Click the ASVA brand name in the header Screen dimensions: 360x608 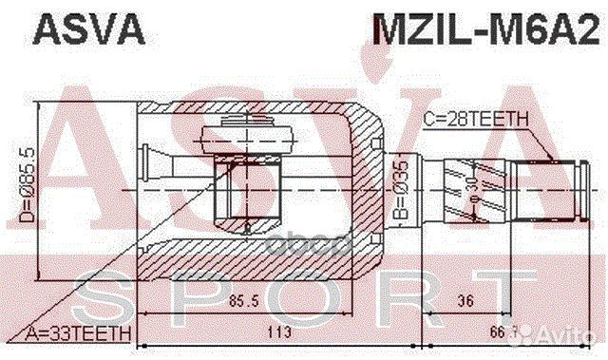tap(89, 31)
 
